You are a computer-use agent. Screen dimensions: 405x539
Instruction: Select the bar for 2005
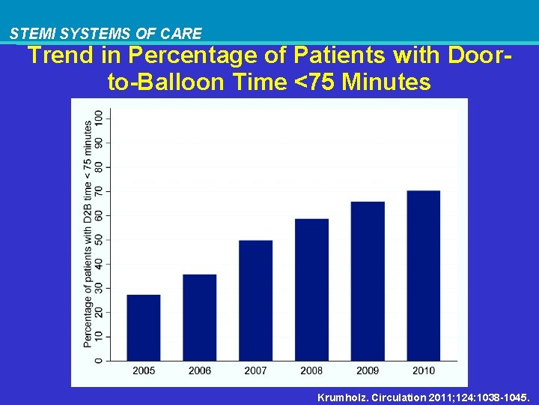click(144, 328)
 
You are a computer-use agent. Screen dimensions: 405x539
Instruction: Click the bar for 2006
click(199, 317)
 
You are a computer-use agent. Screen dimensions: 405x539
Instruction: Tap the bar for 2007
click(255, 300)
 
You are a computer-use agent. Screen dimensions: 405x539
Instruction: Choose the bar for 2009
click(368, 281)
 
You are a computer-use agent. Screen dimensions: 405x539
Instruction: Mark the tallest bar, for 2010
click(424, 275)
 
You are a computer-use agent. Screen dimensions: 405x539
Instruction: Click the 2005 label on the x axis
click(144, 370)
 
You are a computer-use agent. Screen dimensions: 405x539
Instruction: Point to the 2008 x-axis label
click(311, 370)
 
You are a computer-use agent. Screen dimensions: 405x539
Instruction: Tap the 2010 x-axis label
click(424, 370)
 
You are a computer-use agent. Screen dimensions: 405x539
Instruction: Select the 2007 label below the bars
click(255, 370)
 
